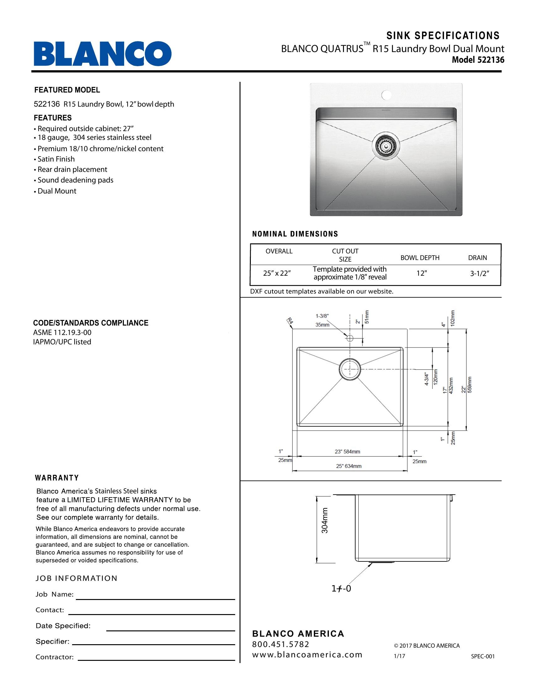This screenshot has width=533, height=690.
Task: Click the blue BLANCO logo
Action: [103, 53]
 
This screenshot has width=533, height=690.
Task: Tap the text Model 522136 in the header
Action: [478, 60]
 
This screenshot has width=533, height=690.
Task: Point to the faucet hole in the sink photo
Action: [386, 94]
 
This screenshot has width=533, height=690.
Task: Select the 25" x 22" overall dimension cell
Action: [277, 273]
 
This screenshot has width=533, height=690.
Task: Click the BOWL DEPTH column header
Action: [420, 258]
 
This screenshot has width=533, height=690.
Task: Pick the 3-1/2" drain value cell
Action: [479, 273]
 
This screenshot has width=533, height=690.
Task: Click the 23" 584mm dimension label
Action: [347, 452]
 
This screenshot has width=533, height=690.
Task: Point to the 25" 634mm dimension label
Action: [349, 466]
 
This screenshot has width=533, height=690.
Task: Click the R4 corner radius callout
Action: [290, 322]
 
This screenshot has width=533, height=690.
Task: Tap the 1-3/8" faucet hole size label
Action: [322, 316]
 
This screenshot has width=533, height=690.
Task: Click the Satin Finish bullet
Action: [56, 159]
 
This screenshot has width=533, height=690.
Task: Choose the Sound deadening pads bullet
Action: [75, 180]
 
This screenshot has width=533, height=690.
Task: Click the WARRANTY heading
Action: [57, 478]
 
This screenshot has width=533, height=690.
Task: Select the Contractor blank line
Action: [156, 660]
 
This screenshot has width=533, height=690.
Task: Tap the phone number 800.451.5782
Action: [280, 644]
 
